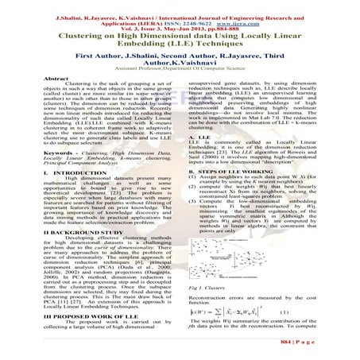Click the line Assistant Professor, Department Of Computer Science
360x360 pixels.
click(x=180, y=70)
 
